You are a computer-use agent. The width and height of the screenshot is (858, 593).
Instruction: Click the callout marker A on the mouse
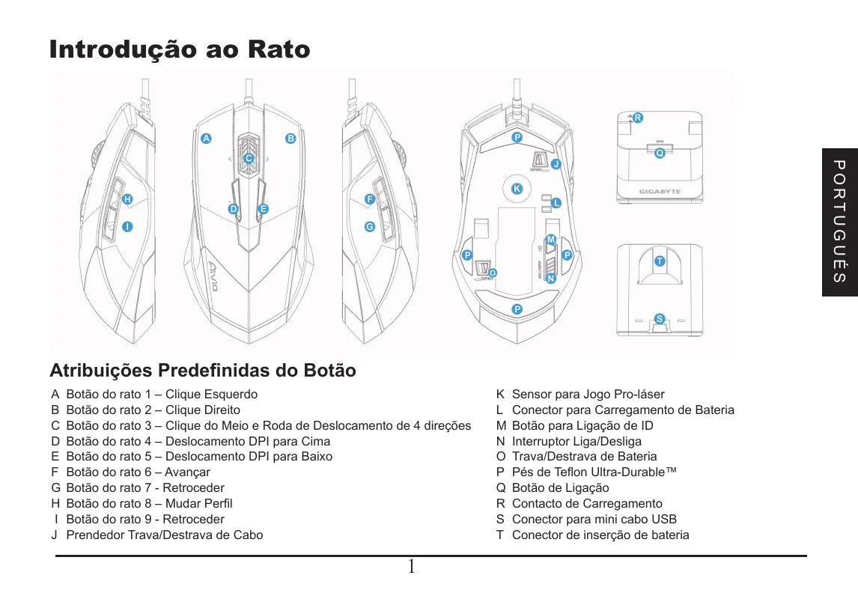(x=206, y=139)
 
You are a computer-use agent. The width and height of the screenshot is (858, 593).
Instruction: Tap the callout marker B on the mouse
(x=290, y=139)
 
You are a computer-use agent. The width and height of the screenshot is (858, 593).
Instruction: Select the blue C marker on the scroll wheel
(x=249, y=158)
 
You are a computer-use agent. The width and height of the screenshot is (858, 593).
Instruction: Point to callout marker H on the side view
(x=127, y=199)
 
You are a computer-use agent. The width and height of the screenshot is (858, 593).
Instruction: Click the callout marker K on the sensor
(x=516, y=189)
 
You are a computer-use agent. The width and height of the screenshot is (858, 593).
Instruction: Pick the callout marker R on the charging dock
(x=637, y=118)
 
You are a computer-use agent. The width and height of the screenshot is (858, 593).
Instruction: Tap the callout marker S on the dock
(x=659, y=319)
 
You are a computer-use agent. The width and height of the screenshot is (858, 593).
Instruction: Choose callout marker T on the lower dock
(x=659, y=261)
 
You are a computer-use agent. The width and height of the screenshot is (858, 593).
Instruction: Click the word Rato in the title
(x=276, y=50)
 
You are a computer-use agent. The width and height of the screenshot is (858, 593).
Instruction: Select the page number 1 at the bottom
(x=411, y=567)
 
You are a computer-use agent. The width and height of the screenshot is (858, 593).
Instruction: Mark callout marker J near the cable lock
(x=556, y=164)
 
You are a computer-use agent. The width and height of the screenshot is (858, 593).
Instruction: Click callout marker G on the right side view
(x=369, y=226)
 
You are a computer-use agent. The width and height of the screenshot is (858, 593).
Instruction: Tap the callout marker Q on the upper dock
(x=660, y=153)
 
